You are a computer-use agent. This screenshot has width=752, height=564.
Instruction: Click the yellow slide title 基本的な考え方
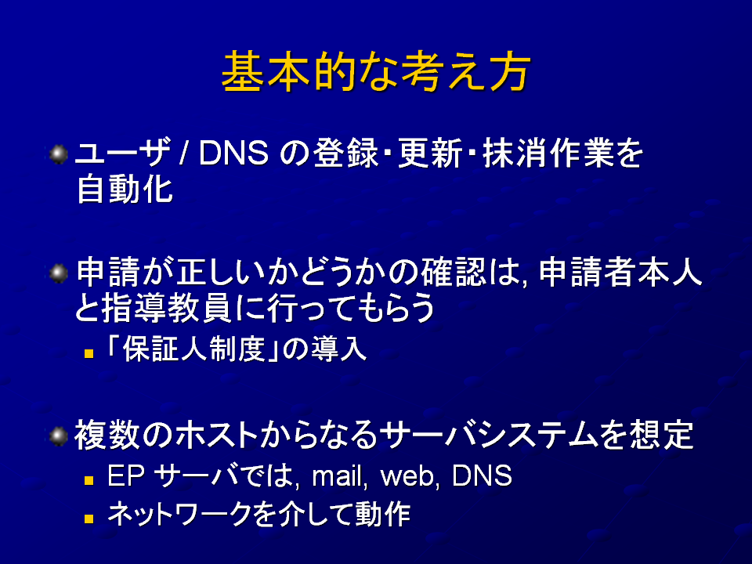coord(376,72)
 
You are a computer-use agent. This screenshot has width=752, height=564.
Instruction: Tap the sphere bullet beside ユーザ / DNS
coord(59,154)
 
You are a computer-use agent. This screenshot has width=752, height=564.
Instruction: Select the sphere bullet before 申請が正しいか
coord(59,273)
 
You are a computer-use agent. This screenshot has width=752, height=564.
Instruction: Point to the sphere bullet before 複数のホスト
coord(59,436)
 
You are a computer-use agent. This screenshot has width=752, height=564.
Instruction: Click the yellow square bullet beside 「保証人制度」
coord(89,354)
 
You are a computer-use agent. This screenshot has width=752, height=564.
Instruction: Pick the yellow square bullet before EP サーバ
coord(89,480)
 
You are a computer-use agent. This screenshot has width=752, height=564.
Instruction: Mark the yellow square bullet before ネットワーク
coord(89,519)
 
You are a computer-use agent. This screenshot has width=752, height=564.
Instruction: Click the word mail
coord(337,475)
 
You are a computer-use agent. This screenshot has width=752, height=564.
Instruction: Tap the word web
coord(407,475)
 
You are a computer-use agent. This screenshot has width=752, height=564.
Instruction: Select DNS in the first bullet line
coord(233,154)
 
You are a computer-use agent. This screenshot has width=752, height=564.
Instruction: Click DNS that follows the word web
coord(482,475)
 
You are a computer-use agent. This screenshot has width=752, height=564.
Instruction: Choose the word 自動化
coord(125,190)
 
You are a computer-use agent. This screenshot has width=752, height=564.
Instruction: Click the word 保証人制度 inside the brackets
coord(193,349)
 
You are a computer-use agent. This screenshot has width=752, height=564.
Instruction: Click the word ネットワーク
coord(180,514)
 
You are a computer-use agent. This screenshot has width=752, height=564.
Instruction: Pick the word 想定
coord(661,435)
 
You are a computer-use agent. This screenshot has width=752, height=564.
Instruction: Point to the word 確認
coord(454,272)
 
